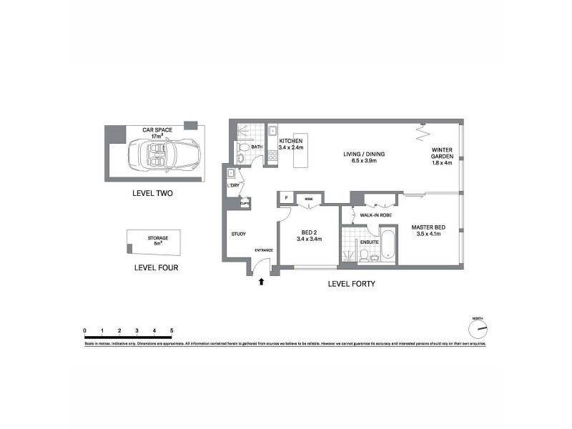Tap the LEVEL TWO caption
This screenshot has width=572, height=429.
[153, 194]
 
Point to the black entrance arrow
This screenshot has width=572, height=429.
[261, 282]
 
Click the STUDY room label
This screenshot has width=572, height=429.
[239, 234]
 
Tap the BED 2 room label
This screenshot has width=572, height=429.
[310, 235]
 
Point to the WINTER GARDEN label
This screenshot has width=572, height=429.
[442, 156]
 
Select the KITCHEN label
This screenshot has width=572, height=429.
[291, 145]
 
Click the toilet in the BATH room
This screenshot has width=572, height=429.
[244, 147]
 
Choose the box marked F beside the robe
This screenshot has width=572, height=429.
[286, 197]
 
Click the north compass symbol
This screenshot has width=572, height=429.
[478, 329]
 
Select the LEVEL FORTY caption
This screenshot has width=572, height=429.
[352, 284]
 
